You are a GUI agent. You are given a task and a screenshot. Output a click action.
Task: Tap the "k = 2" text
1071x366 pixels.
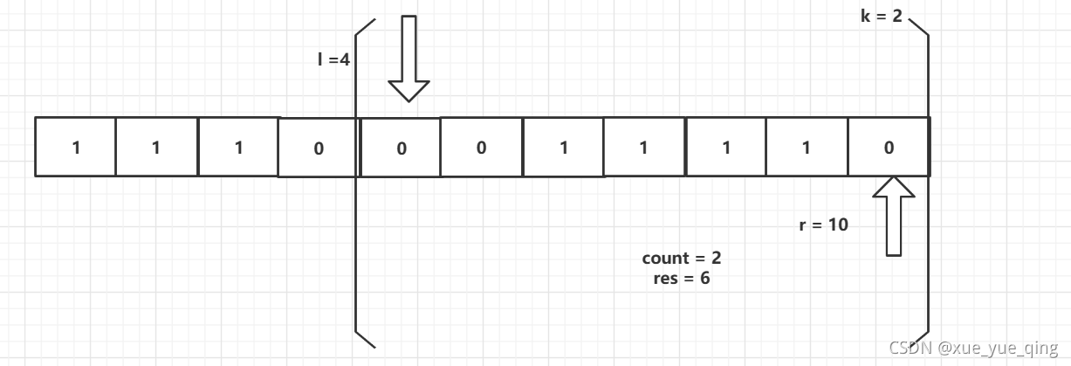pos(882,17)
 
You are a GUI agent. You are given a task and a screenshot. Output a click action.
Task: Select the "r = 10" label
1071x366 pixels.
pos(824,224)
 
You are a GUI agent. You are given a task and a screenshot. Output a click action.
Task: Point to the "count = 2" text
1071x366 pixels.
pos(682,259)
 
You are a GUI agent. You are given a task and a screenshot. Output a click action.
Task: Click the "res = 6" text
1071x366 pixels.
pos(682,280)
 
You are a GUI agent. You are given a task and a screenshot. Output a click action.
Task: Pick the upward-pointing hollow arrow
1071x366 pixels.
pos(892,215)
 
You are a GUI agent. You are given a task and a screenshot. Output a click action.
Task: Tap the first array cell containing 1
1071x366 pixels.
pos(75,147)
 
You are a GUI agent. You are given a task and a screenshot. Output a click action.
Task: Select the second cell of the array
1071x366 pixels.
pos(156,147)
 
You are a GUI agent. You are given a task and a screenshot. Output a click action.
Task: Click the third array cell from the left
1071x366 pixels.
pos(238,147)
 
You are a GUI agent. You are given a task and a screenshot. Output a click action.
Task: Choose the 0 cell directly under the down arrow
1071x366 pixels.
pos(401,148)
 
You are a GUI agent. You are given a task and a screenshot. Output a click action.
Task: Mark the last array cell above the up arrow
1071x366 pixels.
pos(889,147)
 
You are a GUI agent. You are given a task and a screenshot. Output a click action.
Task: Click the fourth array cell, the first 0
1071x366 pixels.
pos(319,148)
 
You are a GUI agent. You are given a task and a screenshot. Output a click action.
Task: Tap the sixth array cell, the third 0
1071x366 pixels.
pos(482,147)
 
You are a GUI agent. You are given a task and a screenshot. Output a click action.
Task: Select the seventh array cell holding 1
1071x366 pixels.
pos(563,147)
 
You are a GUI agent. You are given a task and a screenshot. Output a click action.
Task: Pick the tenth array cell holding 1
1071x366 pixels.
pos(807,147)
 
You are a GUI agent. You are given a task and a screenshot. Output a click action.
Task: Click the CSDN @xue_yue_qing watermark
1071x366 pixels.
pos(973,349)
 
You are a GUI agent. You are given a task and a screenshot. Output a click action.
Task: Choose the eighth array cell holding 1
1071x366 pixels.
pos(644,147)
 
